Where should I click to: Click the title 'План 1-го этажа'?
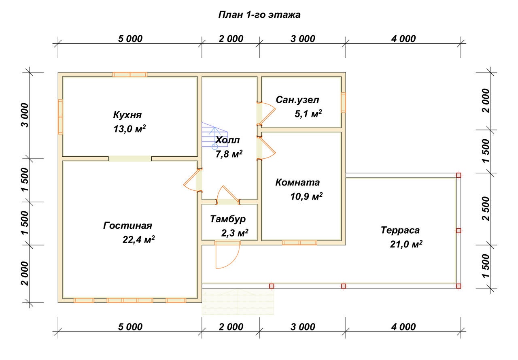pyautogui.click(x=259, y=15)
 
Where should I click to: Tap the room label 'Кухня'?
pyautogui.click(x=127, y=115)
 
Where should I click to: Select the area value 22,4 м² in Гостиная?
pyautogui.click(x=138, y=239)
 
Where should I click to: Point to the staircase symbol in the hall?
pyautogui.click(x=214, y=136)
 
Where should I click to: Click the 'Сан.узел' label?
pyautogui.click(x=297, y=100)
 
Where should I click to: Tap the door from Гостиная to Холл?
pyautogui.click(x=192, y=181)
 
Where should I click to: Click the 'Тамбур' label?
pyautogui.click(x=228, y=219)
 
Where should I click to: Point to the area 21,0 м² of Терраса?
pyautogui.click(x=406, y=244)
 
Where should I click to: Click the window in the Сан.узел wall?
pyautogui.click(x=344, y=102)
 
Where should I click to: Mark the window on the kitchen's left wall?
pyautogui.click(x=60, y=117)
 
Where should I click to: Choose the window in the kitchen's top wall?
pyautogui.click(x=130, y=75)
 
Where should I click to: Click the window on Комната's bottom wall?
pyautogui.click(x=299, y=243)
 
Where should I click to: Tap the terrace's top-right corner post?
pyautogui.click(x=459, y=175)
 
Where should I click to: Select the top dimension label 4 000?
pyautogui.click(x=403, y=38)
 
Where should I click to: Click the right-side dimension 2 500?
pyautogui.click(x=486, y=209)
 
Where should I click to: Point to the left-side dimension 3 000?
pyautogui.click(x=25, y=115)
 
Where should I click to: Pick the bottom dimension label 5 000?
pyautogui.click(x=130, y=327)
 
